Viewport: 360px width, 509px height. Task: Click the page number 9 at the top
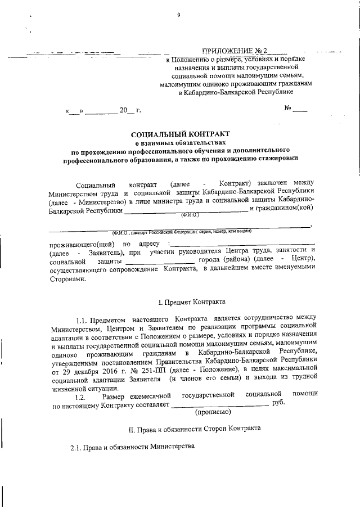[x=178, y=15]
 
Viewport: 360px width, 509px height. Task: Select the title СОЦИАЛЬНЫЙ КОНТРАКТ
[x=180, y=135]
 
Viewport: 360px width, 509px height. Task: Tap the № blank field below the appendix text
[x=296, y=109]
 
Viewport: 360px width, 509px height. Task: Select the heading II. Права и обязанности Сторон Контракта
[x=195, y=428]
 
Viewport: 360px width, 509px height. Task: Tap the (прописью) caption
[x=212, y=412]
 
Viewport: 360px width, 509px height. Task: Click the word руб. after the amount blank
[x=278, y=403]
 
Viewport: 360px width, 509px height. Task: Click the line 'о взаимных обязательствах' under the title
[x=180, y=143]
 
